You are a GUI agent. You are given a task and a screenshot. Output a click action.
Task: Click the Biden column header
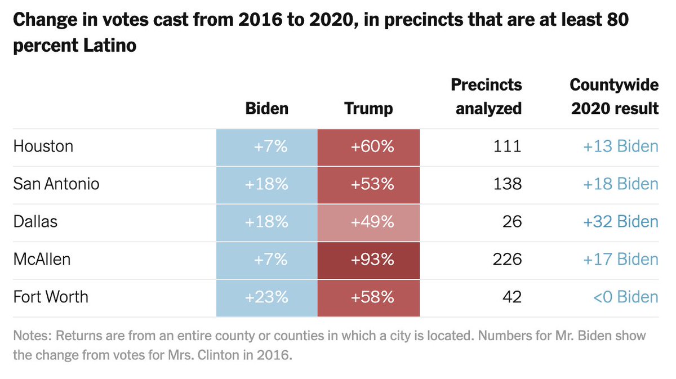(267, 108)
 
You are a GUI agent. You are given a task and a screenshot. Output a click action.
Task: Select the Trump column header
(368, 108)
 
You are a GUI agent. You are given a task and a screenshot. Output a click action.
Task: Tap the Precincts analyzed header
(488, 96)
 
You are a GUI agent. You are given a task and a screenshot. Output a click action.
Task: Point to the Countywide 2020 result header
(614, 96)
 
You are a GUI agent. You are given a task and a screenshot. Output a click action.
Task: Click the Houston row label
(43, 147)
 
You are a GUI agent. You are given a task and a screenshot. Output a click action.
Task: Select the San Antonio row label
(56, 184)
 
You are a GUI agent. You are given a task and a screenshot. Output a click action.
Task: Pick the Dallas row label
(35, 222)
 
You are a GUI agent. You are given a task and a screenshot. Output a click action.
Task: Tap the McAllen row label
(42, 260)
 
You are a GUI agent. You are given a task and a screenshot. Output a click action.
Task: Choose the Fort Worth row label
(51, 297)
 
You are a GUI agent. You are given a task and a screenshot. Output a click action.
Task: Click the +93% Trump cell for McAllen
(368, 260)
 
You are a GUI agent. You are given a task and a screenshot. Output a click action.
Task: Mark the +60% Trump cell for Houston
(368, 147)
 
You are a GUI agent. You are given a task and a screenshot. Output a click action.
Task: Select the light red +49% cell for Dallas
(368, 222)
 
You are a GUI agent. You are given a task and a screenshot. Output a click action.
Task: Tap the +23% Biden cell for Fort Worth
(267, 297)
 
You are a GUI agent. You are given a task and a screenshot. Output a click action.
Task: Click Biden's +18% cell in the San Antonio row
(267, 184)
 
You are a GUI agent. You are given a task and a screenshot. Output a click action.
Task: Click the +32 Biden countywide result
(620, 222)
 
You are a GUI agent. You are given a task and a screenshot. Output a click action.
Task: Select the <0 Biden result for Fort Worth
(625, 297)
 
